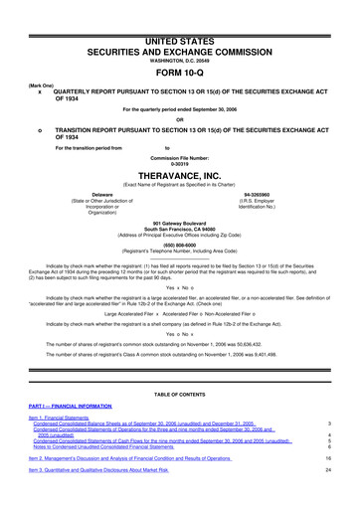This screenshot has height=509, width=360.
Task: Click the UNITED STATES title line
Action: [x=179, y=11]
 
